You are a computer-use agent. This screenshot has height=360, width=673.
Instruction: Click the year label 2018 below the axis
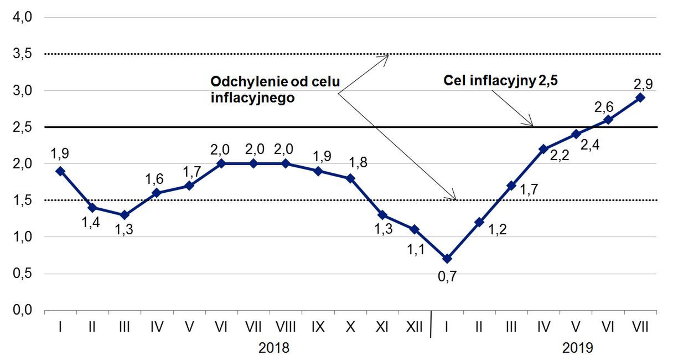pos(275,348)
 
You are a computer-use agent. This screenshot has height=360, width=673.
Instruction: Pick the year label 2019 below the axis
pos(578,348)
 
